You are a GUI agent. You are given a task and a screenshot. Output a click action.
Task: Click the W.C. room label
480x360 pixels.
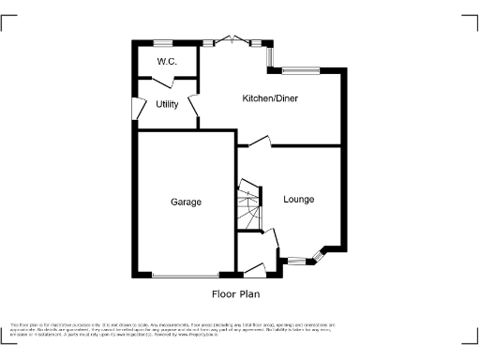click(167, 62)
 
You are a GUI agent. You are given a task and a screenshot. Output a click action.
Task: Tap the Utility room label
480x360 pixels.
click(167, 104)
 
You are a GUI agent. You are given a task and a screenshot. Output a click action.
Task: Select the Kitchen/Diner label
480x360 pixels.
click(270, 98)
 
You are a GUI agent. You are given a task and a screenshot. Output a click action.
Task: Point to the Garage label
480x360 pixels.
click(185, 202)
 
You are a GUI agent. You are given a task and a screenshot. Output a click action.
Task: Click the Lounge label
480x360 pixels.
click(299, 200)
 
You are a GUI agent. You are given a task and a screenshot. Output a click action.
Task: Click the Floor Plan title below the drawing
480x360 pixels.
click(234, 293)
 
